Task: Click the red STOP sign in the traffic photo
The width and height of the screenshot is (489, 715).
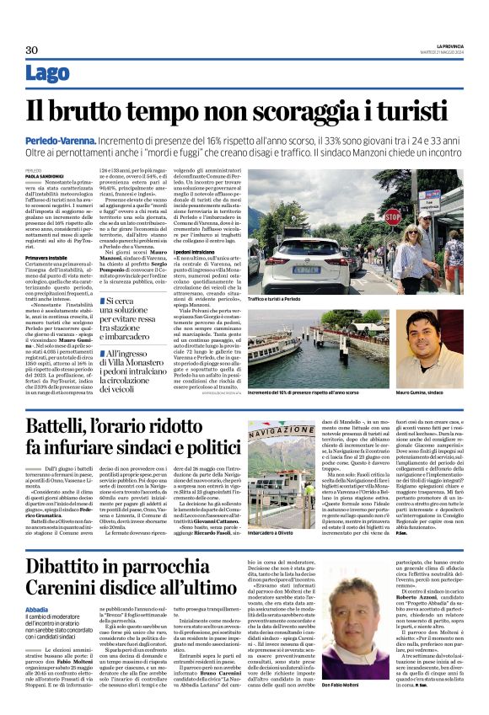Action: coord(392,216)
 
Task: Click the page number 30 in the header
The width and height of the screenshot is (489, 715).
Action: coord(32,50)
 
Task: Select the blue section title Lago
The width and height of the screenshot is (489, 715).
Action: coord(48,74)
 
